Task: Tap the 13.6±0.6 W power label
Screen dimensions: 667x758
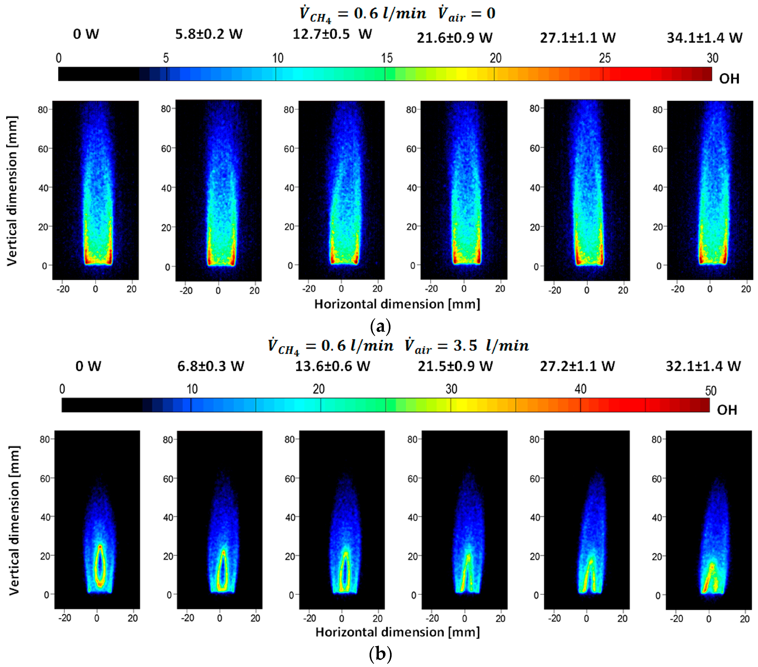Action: click(x=332, y=366)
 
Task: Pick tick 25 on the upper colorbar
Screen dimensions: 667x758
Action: click(x=605, y=58)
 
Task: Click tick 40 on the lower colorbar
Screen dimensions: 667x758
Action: click(x=580, y=389)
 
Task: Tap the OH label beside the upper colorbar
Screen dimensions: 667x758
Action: click(x=729, y=79)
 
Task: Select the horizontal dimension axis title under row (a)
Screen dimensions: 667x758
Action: click(x=397, y=304)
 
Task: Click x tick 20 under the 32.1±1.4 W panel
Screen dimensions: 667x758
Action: click(x=745, y=619)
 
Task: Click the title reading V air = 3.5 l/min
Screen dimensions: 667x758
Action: click(x=467, y=346)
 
